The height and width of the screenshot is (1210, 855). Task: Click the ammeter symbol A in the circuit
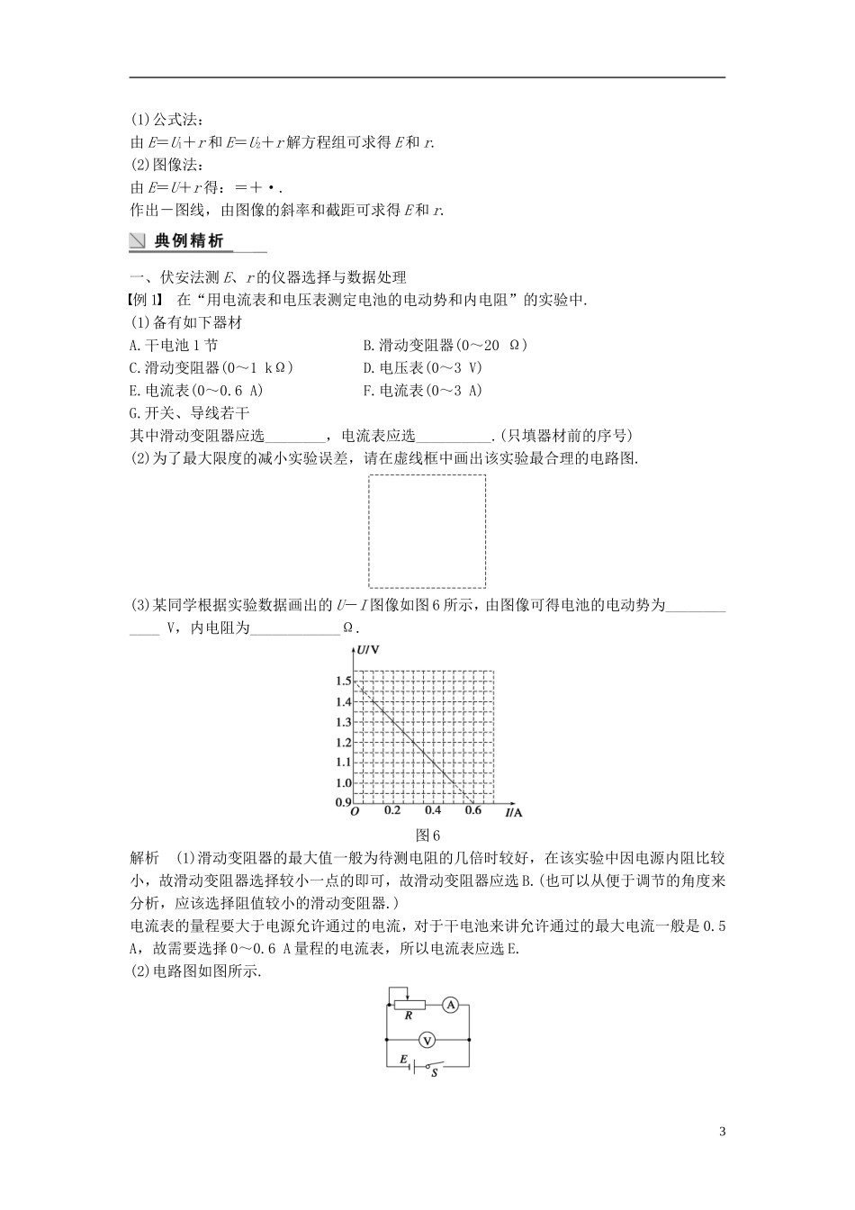pos(452,1004)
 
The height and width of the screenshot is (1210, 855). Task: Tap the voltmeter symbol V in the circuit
pos(428,1040)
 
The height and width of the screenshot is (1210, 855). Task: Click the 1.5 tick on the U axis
pos(343,682)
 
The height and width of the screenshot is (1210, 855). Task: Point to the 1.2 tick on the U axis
pos(343,743)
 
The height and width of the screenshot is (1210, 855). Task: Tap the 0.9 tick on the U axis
pos(343,802)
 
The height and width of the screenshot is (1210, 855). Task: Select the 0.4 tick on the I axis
pos(433,811)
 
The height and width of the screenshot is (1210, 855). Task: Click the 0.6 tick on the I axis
pos(472,811)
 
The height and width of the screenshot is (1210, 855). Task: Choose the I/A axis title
pos(513,812)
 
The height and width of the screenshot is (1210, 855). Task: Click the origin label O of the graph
pos(355,812)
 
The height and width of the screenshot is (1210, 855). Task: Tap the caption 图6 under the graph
pos(427,834)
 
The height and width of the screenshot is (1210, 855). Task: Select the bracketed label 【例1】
pos(149,300)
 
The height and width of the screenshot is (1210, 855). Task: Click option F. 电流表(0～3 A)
pos(422,390)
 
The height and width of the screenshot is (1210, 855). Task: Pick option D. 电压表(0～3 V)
pos(422,367)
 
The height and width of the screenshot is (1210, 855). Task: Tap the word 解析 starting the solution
pos(145,856)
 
